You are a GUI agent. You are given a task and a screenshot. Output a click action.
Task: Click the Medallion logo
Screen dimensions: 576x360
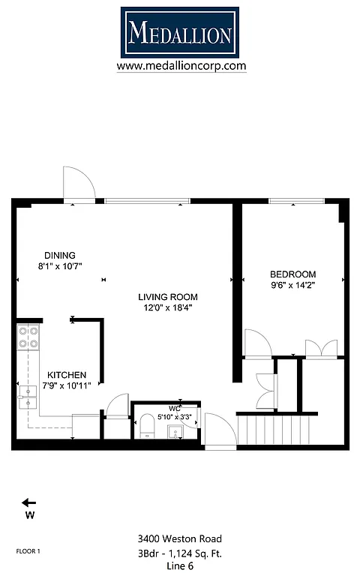click(x=180, y=32)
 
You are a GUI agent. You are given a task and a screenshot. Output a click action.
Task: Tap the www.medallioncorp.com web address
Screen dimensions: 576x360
click(x=181, y=66)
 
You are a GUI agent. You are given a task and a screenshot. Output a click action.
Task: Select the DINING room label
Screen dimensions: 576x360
click(x=60, y=255)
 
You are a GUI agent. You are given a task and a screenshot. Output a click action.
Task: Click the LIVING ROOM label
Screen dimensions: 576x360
click(x=167, y=297)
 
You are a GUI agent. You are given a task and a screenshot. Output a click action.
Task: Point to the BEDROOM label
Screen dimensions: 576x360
click(x=293, y=274)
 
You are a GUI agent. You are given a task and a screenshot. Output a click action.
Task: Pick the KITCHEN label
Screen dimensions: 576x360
click(x=67, y=375)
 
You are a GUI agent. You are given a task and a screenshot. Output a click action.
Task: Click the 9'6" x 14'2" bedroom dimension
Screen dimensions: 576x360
click(x=293, y=285)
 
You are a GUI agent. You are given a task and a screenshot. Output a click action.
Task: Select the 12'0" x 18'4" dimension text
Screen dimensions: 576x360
click(x=167, y=307)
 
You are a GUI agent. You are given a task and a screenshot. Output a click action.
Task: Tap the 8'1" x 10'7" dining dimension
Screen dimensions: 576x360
click(x=60, y=265)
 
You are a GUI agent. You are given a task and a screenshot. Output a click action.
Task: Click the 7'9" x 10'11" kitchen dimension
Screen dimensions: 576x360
click(x=67, y=385)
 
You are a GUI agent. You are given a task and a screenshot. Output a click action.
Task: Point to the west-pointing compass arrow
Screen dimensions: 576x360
click(x=29, y=502)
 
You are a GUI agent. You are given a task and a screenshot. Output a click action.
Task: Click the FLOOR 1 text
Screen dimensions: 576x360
click(x=28, y=551)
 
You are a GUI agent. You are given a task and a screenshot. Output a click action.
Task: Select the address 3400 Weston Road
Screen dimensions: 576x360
click(x=180, y=538)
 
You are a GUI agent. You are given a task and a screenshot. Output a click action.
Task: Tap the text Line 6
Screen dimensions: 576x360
click(x=180, y=566)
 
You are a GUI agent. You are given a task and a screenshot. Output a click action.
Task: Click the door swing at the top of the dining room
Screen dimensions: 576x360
click(x=79, y=184)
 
